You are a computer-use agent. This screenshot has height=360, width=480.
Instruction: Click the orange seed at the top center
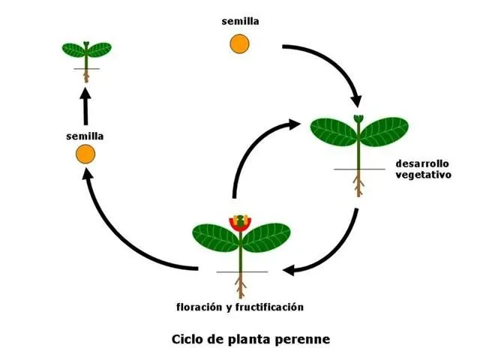pyautogui.click(x=239, y=43)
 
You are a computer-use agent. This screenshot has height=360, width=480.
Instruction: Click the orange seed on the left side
pyautogui.click(x=85, y=154)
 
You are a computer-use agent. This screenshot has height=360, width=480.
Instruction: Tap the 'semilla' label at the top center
pyautogui.click(x=240, y=21)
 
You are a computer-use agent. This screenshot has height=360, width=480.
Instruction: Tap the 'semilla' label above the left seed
pyautogui.click(x=85, y=136)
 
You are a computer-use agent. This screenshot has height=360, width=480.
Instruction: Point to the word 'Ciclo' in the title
pyautogui.click(x=188, y=338)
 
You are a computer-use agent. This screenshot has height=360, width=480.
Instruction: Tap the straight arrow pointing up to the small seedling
pyautogui.click(x=85, y=105)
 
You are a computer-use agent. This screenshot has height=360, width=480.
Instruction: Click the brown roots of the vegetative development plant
pyautogui.click(x=358, y=184)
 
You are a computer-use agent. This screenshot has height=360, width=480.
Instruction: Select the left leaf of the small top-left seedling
pyautogui.click(x=73, y=50)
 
